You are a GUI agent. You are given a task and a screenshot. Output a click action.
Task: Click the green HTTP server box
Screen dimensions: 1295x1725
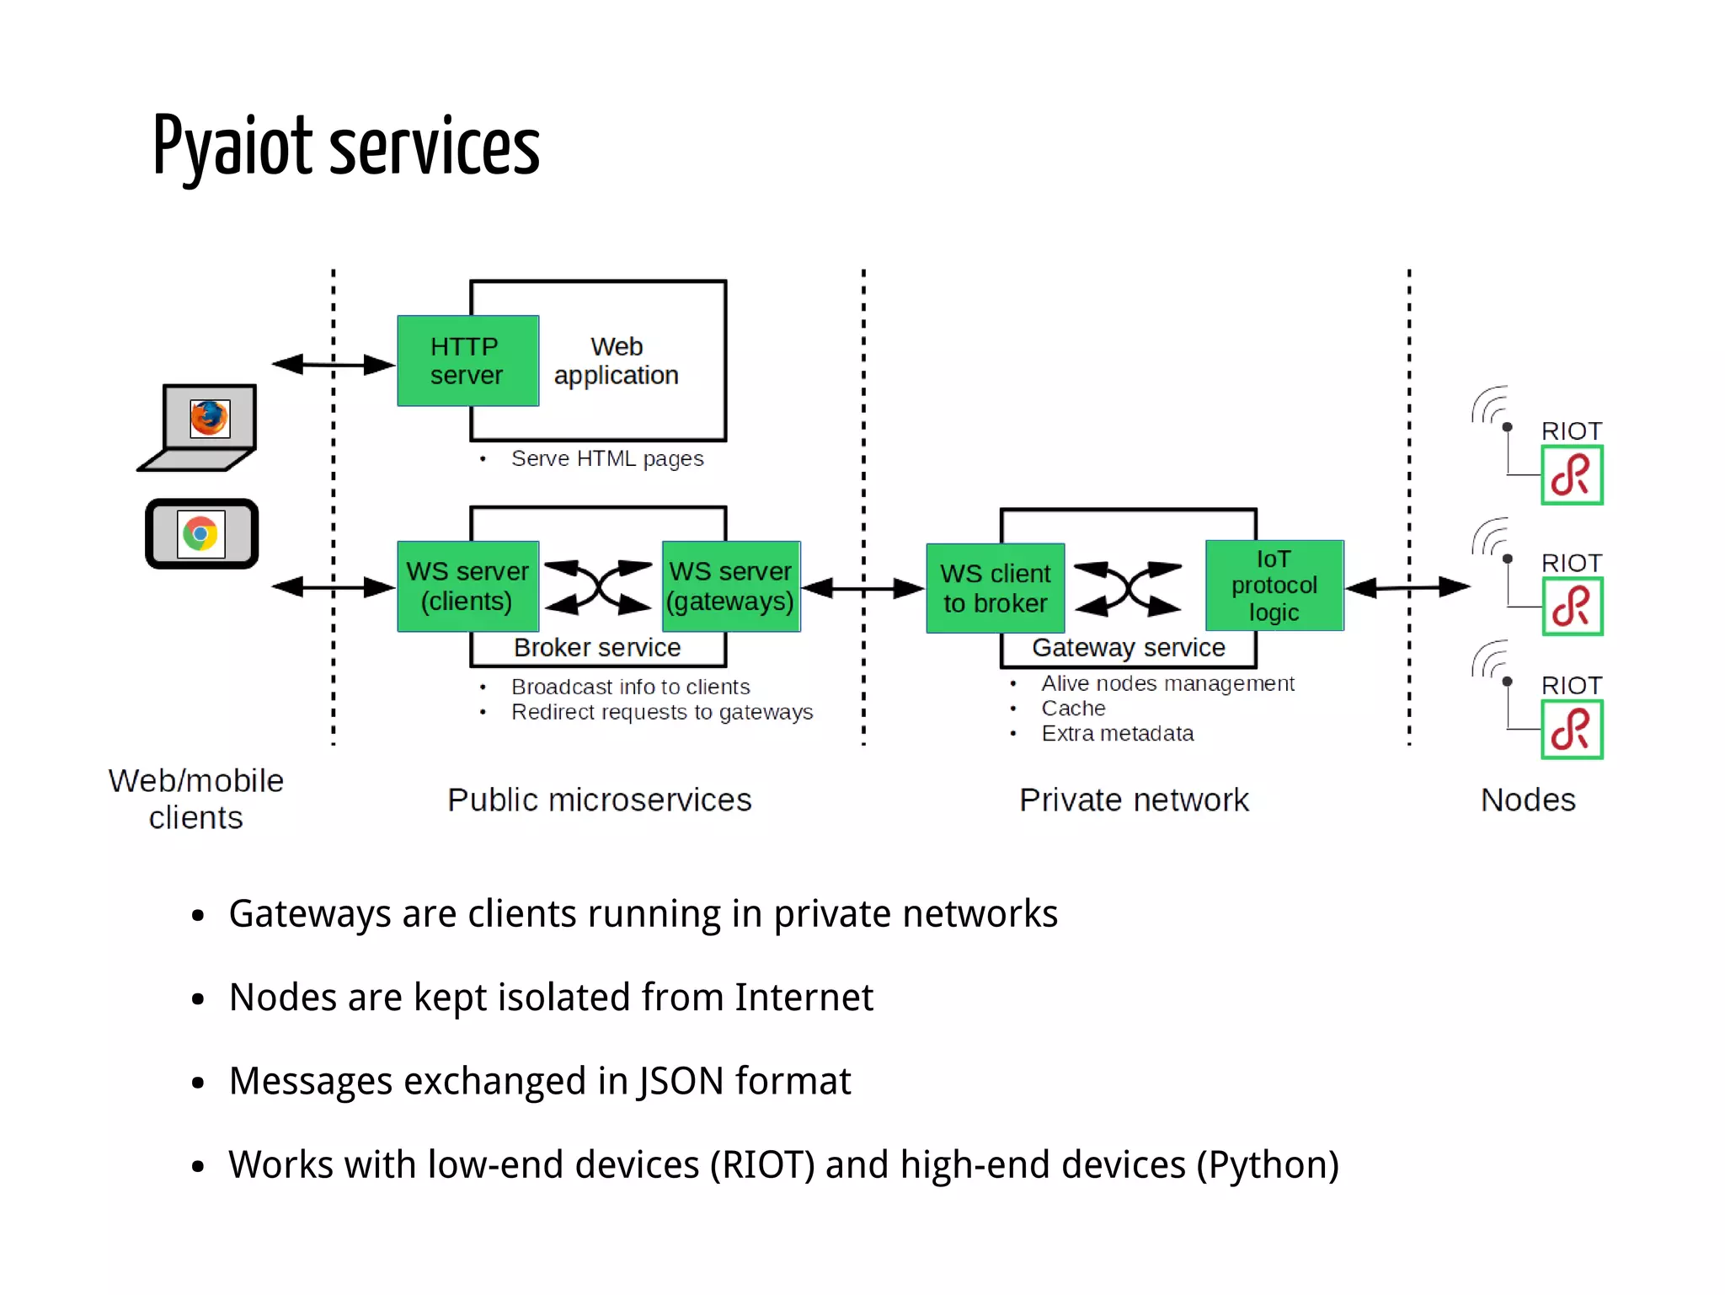click(467, 361)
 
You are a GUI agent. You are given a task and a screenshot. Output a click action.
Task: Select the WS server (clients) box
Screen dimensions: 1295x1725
click(467, 586)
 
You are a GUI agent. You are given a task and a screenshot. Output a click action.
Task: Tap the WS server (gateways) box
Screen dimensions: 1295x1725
click(730, 586)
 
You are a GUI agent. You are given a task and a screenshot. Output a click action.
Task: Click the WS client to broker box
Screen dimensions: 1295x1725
click(995, 588)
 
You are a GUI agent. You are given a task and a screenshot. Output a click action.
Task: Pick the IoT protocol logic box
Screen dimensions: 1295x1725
click(1274, 586)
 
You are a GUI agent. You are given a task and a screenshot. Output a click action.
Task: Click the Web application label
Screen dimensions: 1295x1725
click(617, 361)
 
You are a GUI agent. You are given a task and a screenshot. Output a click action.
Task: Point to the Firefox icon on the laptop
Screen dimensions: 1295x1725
click(210, 418)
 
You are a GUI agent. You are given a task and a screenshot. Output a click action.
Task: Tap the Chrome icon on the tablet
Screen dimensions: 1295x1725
click(200, 534)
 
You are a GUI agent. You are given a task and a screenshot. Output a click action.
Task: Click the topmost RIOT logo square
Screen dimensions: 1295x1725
click(1571, 476)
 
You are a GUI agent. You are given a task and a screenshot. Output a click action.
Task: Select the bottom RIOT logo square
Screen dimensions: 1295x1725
click(1571, 730)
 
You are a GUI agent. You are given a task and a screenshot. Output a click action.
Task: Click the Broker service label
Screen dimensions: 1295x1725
click(597, 647)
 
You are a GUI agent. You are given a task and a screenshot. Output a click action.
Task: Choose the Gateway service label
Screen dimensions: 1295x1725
click(1129, 647)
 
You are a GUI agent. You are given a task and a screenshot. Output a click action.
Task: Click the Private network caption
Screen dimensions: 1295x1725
click(1134, 800)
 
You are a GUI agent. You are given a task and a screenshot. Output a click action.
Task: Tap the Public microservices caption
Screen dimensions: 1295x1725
click(599, 800)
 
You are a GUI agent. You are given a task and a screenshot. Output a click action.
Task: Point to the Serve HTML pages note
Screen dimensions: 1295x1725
click(606, 458)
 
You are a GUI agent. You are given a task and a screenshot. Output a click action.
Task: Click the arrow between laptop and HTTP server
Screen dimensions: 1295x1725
click(334, 364)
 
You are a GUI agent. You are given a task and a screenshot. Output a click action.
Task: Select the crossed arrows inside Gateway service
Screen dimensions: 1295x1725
click(1129, 588)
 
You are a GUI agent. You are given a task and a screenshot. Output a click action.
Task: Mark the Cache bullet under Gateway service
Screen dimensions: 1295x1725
click(1073, 709)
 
